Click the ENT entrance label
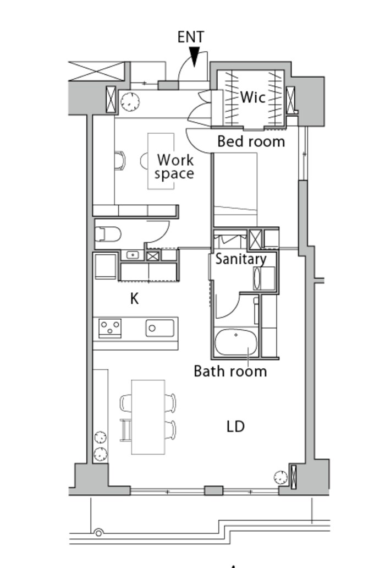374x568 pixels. (x=191, y=37)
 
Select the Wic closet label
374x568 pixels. (x=252, y=97)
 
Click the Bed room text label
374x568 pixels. (x=251, y=141)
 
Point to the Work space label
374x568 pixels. (x=175, y=167)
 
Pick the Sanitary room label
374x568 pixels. (x=241, y=259)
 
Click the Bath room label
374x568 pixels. (x=230, y=372)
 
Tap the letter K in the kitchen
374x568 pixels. (x=134, y=299)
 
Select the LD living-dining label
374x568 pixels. (x=236, y=427)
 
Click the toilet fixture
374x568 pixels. (x=108, y=234)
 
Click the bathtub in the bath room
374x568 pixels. (x=236, y=342)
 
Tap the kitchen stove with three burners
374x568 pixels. (x=110, y=328)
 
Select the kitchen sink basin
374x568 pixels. (x=160, y=328)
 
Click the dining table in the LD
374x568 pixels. (x=148, y=417)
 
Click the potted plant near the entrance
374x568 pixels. (x=130, y=102)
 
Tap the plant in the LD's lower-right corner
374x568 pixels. (x=280, y=478)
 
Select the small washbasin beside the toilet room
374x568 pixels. (x=133, y=255)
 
